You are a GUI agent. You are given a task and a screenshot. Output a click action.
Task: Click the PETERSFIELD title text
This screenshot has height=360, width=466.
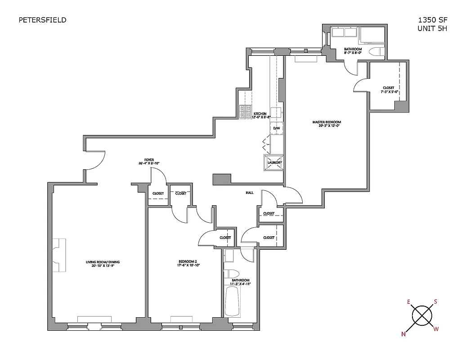[x=42, y=20]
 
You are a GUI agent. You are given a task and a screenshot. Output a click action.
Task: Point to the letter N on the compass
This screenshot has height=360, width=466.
[x=403, y=334]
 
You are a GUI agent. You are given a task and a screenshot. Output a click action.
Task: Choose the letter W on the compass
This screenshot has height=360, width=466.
[x=435, y=329]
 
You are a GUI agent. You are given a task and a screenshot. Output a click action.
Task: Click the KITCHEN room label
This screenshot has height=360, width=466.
[x=260, y=114]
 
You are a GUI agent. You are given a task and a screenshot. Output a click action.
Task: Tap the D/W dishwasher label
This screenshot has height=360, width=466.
[x=277, y=128]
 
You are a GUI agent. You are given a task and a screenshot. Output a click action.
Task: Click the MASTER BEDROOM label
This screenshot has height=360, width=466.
[x=327, y=122]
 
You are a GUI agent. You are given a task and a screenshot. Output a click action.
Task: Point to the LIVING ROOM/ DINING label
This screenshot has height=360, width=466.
[x=103, y=262]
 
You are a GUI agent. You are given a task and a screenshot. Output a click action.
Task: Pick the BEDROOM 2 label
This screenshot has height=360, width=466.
[x=188, y=262]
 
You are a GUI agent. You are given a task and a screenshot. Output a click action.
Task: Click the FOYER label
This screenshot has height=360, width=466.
[x=149, y=160]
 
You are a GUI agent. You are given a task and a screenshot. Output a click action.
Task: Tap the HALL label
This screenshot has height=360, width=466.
[x=249, y=193]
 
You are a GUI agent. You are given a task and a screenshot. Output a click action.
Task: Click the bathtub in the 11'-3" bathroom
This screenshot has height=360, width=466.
[x=233, y=301]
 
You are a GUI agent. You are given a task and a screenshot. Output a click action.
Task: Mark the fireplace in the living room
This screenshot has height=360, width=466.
[x=59, y=255]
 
